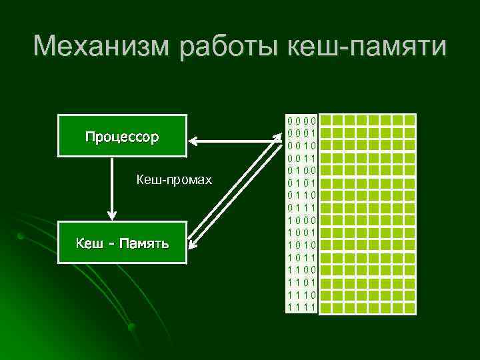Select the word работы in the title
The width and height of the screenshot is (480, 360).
click(221, 47)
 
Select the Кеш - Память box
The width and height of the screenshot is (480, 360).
click(122, 243)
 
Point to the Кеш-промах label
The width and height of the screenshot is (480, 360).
click(173, 180)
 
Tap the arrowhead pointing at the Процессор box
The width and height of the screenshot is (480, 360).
click(194, 141)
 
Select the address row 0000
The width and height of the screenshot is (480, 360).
click(301, 121)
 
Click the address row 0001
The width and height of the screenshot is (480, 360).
click(301, 133)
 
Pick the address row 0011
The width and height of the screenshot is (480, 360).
click(301, 158)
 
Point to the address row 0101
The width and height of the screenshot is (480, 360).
click(301, 183)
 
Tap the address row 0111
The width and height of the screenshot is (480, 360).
click(301, 207)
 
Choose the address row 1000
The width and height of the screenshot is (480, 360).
click(301, 220)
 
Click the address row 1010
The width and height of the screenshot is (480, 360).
click(301, 245)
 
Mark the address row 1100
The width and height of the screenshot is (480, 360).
click(301, 269)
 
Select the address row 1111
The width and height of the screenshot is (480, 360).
click(301, 307)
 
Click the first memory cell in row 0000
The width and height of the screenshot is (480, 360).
click(337, 121)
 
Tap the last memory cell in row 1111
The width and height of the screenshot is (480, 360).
click(409, 307)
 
